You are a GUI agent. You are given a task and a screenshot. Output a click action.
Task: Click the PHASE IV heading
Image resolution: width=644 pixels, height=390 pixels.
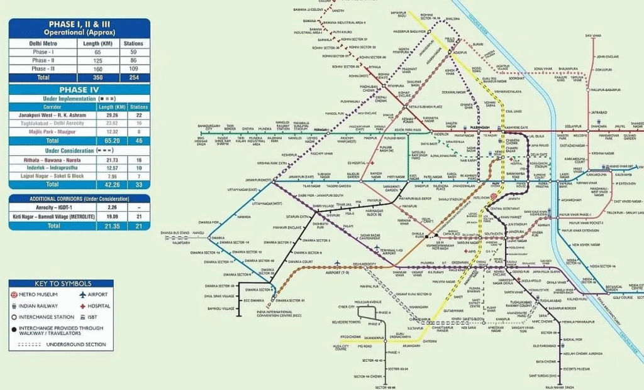point(79,90)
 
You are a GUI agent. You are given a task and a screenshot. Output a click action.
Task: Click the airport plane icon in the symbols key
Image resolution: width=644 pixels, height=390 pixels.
point(82,294)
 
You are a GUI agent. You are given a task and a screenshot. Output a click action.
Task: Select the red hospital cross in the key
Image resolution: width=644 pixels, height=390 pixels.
point(82,305)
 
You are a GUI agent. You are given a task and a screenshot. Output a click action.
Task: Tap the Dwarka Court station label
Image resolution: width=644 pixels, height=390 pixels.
point(299,261)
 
